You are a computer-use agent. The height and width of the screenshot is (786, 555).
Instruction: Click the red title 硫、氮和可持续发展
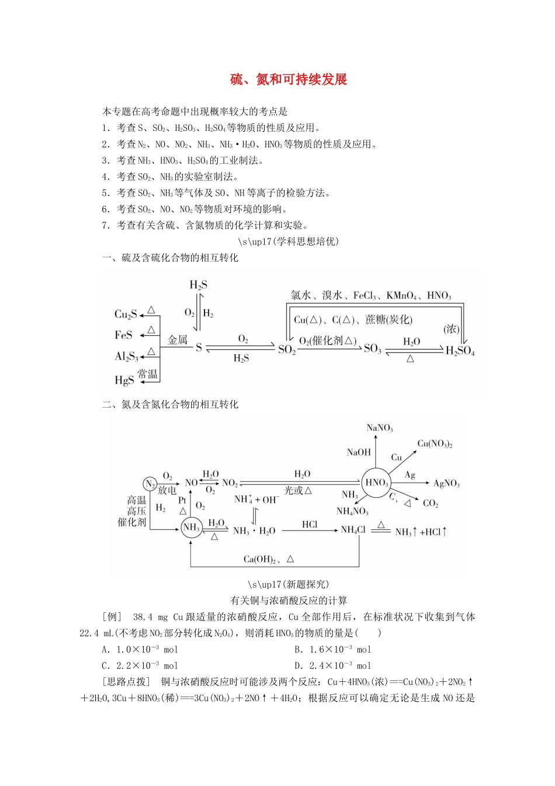pos(289,80)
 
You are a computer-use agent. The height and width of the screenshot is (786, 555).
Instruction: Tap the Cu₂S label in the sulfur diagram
pos(126,315)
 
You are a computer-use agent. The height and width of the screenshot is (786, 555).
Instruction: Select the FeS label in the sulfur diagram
pos(123,335)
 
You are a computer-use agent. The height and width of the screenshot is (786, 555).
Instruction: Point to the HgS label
pos(124,380)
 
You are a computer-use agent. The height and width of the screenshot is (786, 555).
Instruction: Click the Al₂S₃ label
pos(126,357)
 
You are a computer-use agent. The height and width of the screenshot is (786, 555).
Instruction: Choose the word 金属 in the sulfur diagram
pos(178,340)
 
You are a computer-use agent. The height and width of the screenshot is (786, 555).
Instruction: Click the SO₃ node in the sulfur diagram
pos(372,349)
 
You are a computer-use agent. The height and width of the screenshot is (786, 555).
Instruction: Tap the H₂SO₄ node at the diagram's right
pos(460,351)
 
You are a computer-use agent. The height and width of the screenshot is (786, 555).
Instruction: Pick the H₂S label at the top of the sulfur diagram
pos(198,285)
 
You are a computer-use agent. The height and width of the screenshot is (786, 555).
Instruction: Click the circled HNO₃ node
pos(376,482)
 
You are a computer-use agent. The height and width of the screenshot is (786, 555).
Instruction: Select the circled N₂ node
pos(150,484)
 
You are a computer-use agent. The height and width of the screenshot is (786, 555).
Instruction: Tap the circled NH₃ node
pos(191,528)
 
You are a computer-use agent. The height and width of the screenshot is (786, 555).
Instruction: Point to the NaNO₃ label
pos(380,428)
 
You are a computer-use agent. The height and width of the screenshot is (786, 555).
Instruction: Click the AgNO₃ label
pos(446,484)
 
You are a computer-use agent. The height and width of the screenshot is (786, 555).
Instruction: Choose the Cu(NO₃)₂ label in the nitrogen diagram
pos(435,444)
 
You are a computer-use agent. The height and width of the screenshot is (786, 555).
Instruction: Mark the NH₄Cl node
pos(353,530)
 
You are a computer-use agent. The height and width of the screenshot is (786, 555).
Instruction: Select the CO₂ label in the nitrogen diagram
pos(431,504)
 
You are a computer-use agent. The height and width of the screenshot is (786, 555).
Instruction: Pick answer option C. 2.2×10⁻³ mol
pos(140,666)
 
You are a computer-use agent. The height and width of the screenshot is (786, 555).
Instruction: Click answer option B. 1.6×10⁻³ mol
pos(332,649)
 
